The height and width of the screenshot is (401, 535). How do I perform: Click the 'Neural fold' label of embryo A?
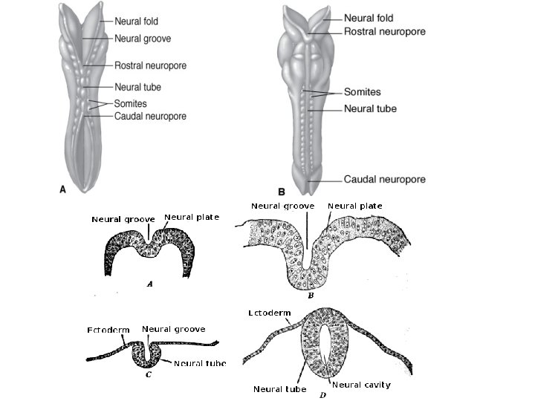click(x=137, y=22)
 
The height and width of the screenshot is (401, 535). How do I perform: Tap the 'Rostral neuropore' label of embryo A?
click(x=150, y=66)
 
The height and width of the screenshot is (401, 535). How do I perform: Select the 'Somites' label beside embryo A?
click(x=131, y=103)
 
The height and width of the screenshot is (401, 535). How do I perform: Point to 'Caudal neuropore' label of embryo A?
click(x=150, y=117)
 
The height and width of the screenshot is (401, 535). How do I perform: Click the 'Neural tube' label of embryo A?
click(x=137, y=88)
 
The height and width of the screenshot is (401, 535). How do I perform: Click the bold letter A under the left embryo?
click(x=63, y=189)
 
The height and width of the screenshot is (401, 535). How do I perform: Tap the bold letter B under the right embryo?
click(x=281, y=192)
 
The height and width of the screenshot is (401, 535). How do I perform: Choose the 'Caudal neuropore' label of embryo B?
click(x=384, y=180)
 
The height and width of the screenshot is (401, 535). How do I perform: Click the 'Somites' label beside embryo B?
click(x=362, y=93)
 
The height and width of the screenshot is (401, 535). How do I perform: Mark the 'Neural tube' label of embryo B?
click(x=370, y=108)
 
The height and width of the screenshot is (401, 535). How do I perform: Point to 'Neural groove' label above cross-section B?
click(x=282, y=206)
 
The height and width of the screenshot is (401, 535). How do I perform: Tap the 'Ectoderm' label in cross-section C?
click(x=109, y=330)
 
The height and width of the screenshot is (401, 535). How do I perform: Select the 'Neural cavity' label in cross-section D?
click(x=361, y=385)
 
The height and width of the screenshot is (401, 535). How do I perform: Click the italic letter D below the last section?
click(x=322, y=394)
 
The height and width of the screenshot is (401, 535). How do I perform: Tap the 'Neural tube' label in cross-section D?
click(x=279, y=388)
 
